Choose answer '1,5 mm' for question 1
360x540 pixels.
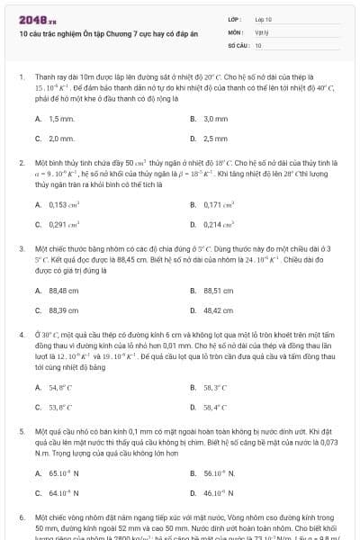[x=61, y=119]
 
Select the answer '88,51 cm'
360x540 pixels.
[x=219, y=290]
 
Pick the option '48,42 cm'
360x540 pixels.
[x=219, y=310]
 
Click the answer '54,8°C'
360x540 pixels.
[x=60, y=387]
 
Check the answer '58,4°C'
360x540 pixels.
[x=215, y=407]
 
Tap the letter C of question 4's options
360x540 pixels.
[x=38, y=407]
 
